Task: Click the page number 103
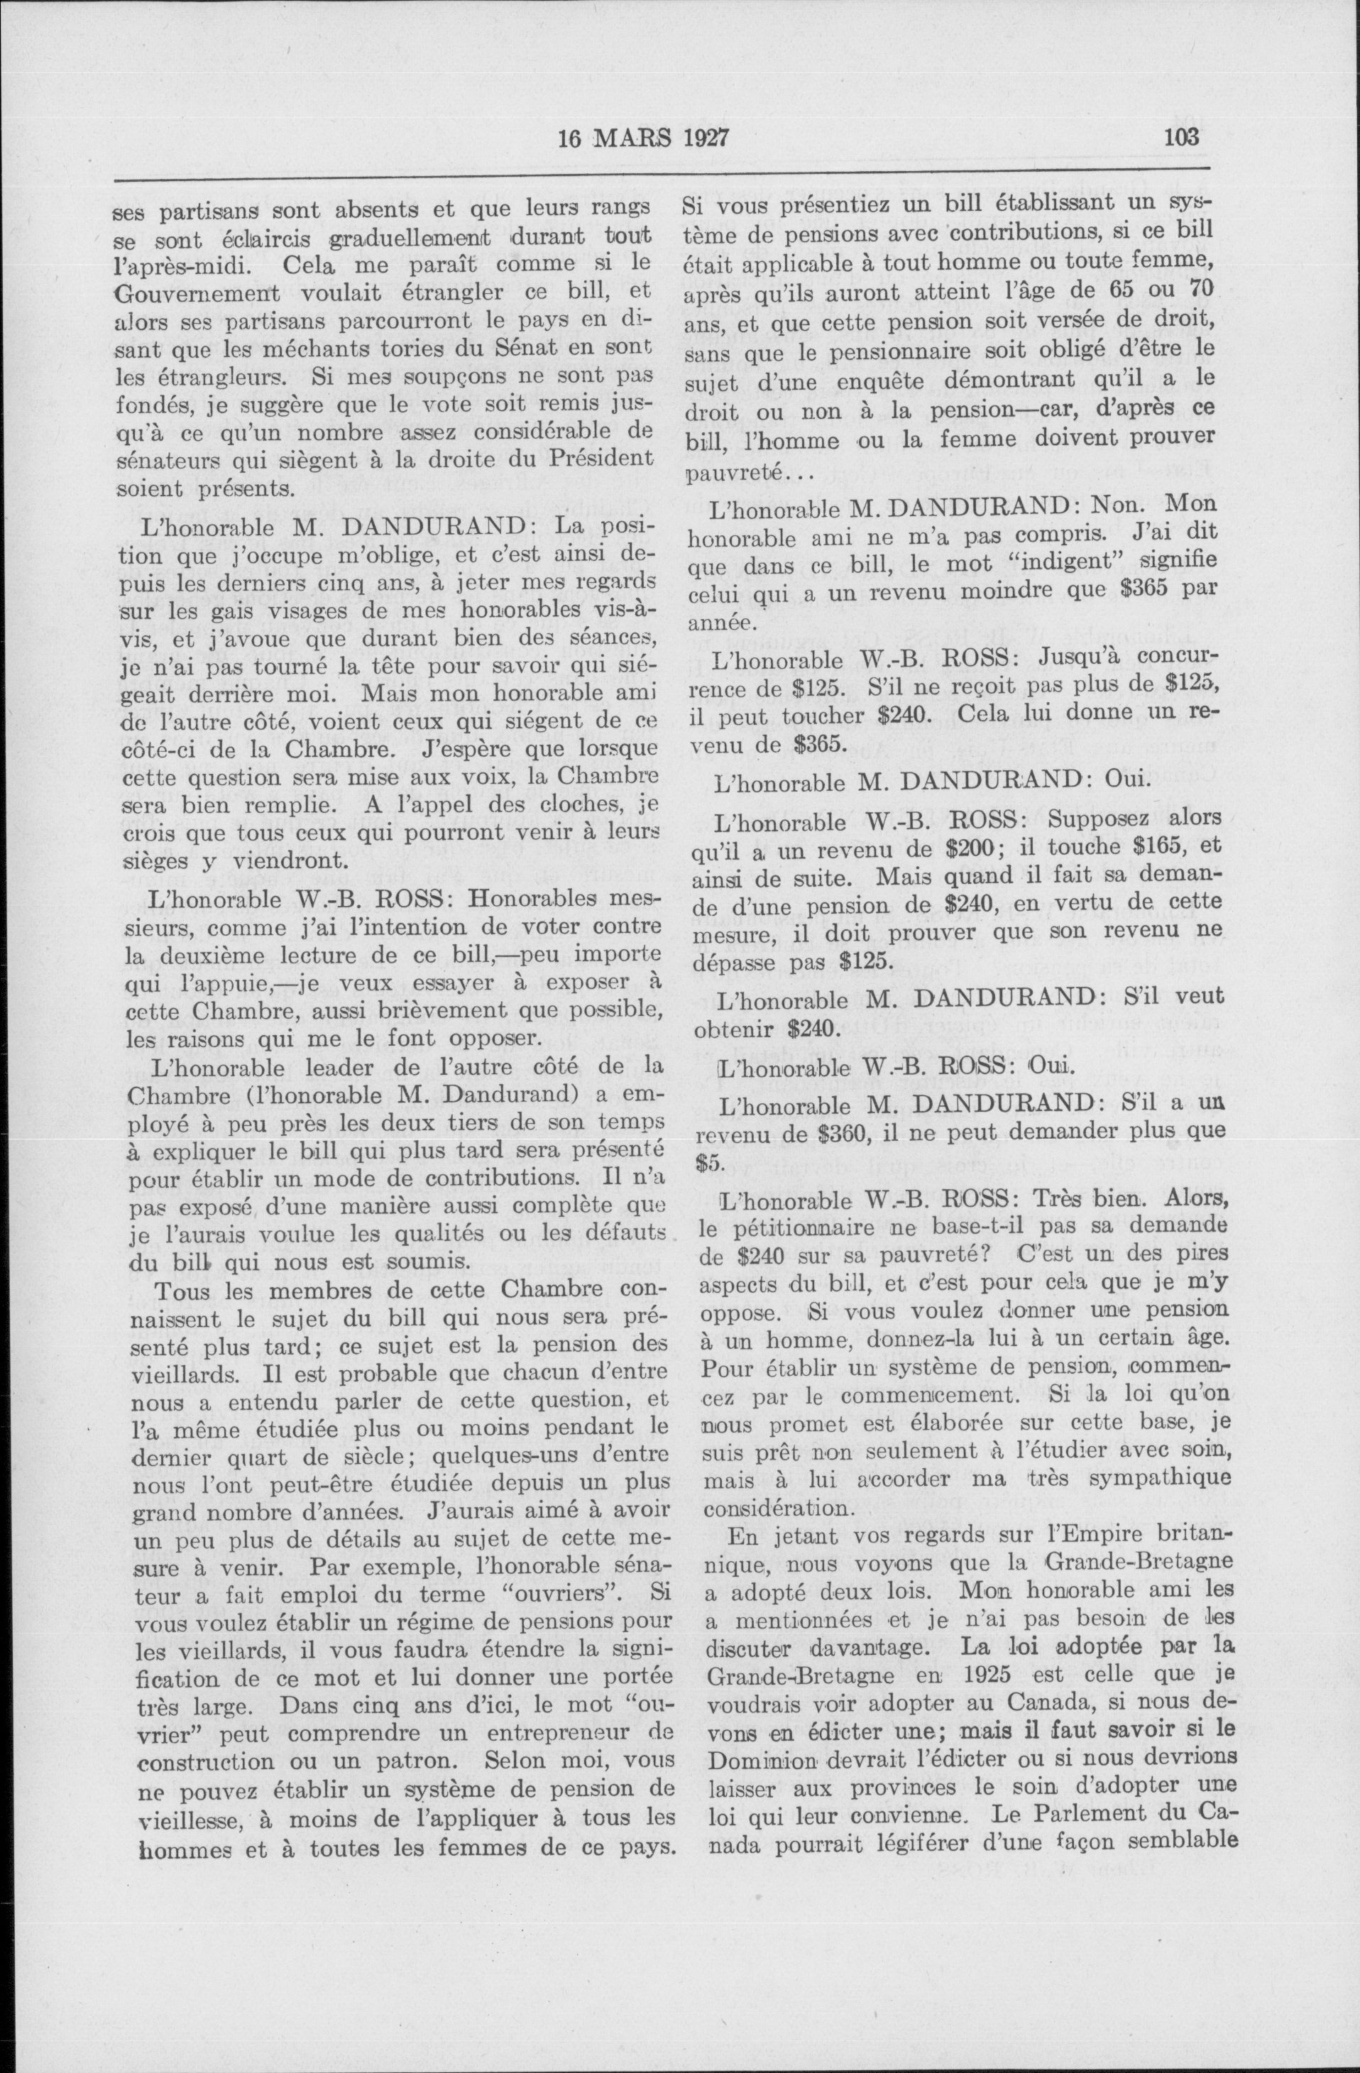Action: point(1180,137)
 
